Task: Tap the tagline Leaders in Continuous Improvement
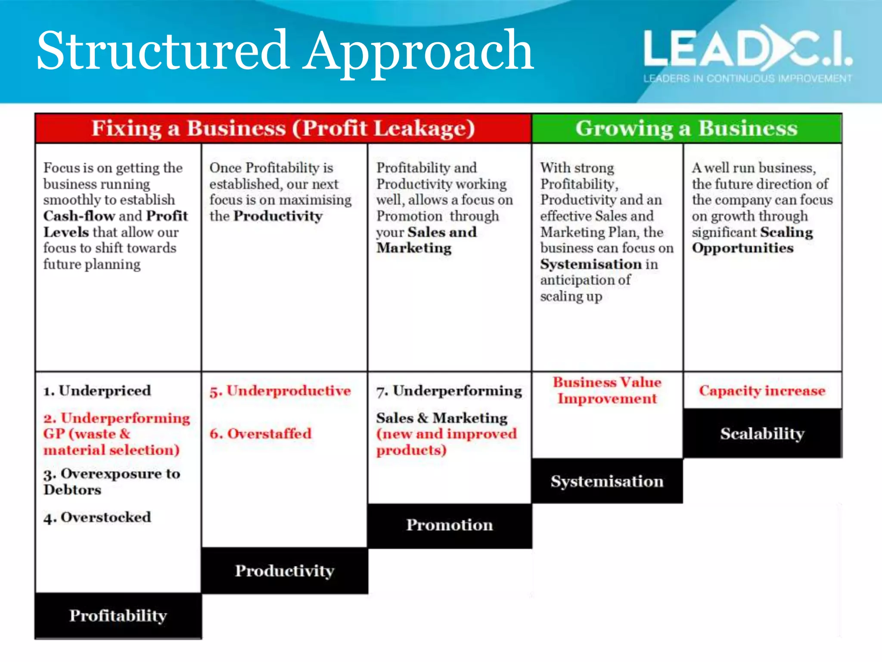tap(747, 78)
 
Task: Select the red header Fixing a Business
tap(283, 128)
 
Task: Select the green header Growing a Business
tap(686, 128)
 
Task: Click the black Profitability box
tap(118, 615)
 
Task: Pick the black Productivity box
tap(284, 571)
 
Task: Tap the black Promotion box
tap(450, 525)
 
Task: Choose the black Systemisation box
tap(607, 481)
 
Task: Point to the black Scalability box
tap(762, 433)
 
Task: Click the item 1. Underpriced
tap(97, 390)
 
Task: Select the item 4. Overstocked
tap(97, 517)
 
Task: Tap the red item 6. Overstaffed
tap(261, 434)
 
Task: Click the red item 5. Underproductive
tap(280, 390)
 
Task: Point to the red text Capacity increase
tap(762, 390)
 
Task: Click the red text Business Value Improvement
tap(607, 390)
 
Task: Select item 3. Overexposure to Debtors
tap(111, 482)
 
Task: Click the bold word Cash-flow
tap(79, 216)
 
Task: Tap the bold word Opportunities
tap(742, 248)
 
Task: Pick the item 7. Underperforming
tap(449, 390)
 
